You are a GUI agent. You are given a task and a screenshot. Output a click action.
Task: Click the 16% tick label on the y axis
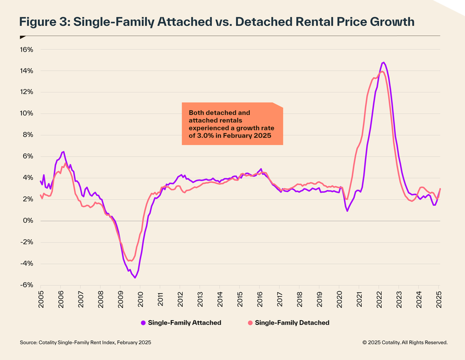pos(27,49)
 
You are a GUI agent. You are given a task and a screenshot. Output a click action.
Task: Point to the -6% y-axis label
pos(27,285)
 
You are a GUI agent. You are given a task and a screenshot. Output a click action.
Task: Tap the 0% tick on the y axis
pos(28,221)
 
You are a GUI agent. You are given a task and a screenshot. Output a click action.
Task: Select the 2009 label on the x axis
pos(121,300)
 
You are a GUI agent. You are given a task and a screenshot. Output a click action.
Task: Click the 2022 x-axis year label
pos(379,300)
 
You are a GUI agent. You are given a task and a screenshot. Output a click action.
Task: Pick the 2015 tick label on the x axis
pos(240,300)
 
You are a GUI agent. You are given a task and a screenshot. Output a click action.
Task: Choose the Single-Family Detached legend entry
pos(292,323)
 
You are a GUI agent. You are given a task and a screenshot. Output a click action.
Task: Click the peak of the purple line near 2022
pos(383,63)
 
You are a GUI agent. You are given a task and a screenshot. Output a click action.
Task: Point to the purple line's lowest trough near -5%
pos(135,278)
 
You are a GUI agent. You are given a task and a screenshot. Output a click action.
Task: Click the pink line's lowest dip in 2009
pos(130,261)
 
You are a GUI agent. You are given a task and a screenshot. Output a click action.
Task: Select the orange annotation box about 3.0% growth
pos(232,123)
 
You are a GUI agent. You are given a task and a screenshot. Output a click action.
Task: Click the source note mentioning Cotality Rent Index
pos(85,342)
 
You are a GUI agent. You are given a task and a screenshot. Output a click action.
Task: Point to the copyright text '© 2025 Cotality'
pos(405,342)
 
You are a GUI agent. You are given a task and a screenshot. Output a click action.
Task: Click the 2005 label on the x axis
pos(41,300)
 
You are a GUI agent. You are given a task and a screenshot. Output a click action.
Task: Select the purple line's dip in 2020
pos(348,211)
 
